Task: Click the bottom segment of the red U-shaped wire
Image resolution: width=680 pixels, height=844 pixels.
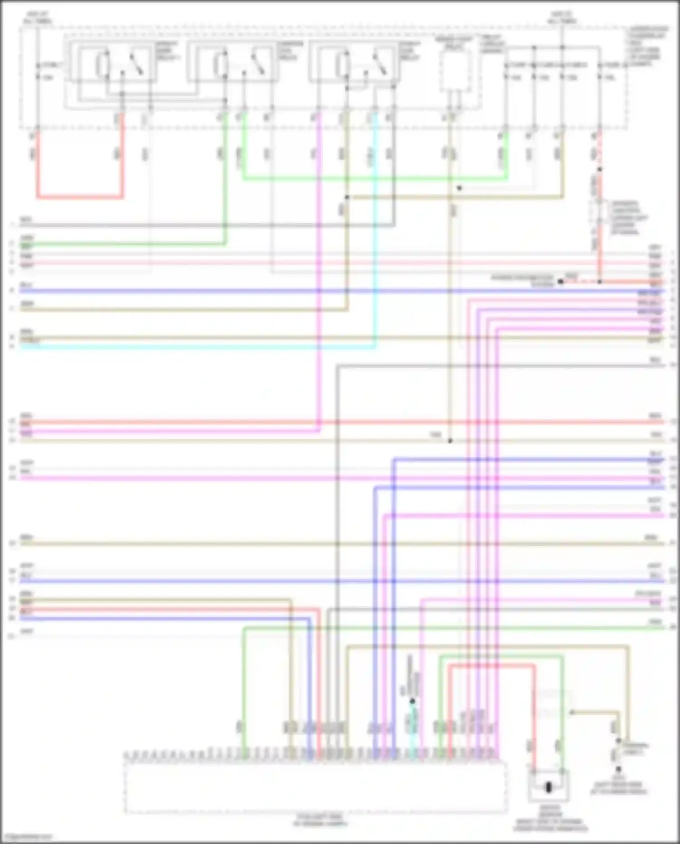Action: (80, 197)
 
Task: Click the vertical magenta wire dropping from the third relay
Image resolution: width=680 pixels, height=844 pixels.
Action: (319, 272)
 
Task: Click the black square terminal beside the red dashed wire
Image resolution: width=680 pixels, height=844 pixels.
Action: (560, 282)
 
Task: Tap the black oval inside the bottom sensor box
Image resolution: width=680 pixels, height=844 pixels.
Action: (549, 787)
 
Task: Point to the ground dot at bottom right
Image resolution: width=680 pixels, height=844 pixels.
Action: (618, 769)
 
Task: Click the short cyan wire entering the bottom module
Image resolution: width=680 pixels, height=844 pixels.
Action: (412, 726)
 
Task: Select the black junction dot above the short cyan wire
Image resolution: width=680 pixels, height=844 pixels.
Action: (412, 701)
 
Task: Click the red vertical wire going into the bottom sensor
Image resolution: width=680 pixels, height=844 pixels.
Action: (534, 717)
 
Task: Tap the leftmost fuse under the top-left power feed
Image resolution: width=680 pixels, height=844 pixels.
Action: (38, 71)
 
